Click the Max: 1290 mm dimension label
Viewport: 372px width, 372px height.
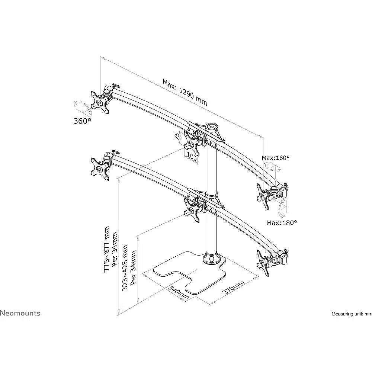pyautogui.click(x=185, y=92)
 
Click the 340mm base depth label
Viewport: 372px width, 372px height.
pyautogui.click(x=178, y=293)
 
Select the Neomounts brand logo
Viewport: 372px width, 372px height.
pyautogui.click(x=20, y=313)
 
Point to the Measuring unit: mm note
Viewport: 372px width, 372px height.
pyautogui.click(x=351, y=314)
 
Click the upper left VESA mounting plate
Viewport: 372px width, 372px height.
pyautogui.click(x=100, y=102)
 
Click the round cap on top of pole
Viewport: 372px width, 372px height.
pyautogui.click(x=212, y=127)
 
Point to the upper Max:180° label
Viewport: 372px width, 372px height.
pyautogui.click(x=276, y=158)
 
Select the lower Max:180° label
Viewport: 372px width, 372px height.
pyautogui.click(x=282, y=223)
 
